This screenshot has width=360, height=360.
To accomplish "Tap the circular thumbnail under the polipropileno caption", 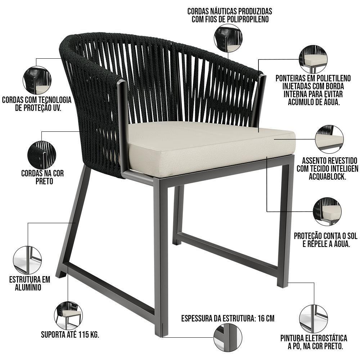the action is point(228,39).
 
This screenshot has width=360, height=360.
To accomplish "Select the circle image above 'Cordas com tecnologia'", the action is point(37,80).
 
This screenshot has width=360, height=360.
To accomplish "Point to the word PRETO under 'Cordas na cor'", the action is point(44,181).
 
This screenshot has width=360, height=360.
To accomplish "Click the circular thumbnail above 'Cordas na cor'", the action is point(42,155).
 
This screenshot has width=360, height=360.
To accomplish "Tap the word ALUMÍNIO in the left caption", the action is point(28,287).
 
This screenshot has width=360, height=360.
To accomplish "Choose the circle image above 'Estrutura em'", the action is point(28,260).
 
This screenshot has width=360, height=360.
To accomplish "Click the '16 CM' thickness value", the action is point(266,319).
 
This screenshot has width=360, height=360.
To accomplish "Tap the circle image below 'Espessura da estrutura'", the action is point(228,337).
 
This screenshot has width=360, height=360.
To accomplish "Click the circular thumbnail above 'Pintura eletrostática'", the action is point(314,319).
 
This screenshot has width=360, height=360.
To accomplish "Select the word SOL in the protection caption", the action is point(351,236).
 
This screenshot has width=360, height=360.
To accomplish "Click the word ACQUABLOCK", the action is point(327,176).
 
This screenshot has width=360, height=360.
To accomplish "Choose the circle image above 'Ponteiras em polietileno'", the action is point(313,59).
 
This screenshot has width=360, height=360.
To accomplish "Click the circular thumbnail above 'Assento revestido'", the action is point(329,139).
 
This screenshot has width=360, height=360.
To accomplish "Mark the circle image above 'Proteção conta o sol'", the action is point(327,211).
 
